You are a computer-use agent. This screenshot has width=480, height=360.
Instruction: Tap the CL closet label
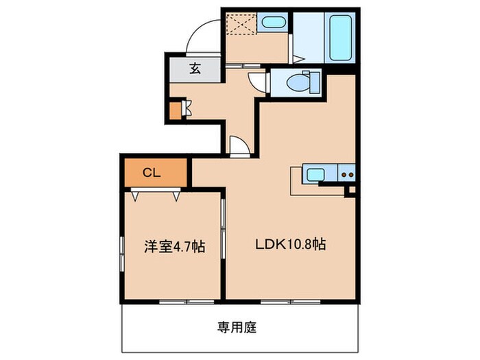click(152, 173)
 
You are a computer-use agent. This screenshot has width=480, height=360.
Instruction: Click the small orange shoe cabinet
click(176, 109)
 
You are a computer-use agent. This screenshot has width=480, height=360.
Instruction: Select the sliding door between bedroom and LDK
click(223, 226)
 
